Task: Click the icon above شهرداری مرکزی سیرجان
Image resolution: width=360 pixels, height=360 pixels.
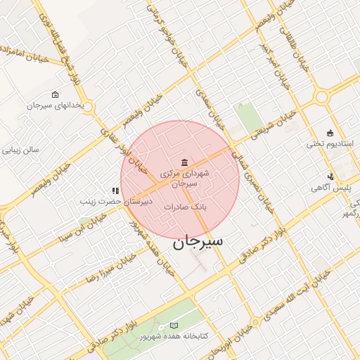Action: (184, 163)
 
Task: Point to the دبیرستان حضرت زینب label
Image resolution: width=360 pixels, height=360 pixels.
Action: (115, 202)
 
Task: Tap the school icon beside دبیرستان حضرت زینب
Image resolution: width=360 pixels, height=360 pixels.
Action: (115, 191)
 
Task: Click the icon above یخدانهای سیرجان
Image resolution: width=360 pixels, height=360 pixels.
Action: (56, 94)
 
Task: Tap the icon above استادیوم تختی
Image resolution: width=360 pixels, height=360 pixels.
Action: (330, 133)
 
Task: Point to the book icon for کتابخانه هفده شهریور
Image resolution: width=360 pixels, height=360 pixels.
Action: (174, 326)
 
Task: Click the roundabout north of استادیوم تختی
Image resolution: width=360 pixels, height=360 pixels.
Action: (326, 97)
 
